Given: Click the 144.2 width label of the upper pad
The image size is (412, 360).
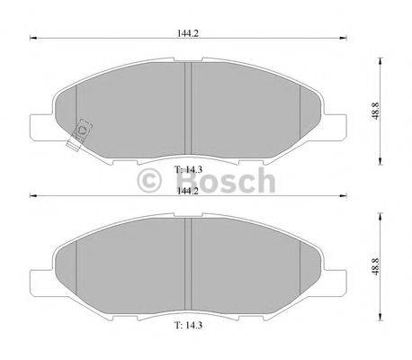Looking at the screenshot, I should pos(189,32).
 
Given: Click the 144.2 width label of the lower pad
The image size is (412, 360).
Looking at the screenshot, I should pos(189,191).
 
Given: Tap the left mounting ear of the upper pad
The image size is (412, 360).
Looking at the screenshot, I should pos(40,127).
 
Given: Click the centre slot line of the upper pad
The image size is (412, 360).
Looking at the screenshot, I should pos(188,108).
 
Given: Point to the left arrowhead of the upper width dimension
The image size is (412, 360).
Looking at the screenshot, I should pos(33,39).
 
